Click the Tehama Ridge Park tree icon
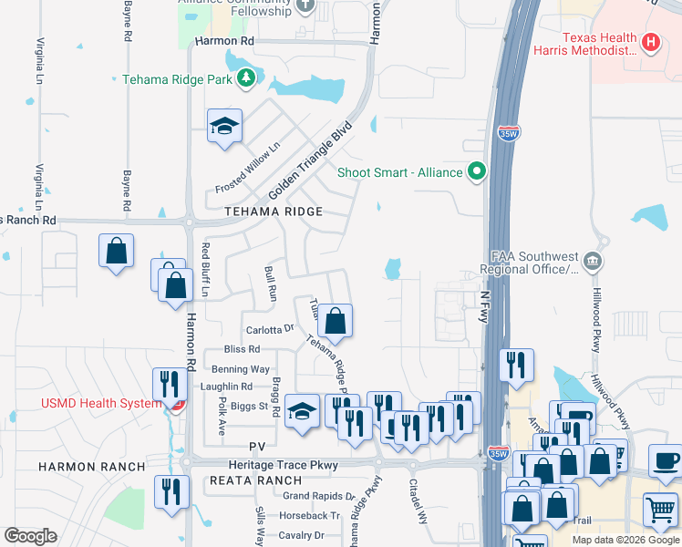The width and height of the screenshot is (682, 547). tap(245, 79)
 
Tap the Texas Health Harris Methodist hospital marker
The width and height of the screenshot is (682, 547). tap(650, 41)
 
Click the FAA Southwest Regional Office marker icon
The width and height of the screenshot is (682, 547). tap(594, 263)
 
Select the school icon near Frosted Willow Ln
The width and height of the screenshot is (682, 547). tap(223, 127)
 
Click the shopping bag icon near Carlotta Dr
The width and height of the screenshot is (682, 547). tap(336, 321)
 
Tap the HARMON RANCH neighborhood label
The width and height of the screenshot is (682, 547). tap(91, 467)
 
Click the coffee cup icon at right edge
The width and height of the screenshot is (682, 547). tap(666, 460)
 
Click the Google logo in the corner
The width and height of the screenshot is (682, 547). tap(30, 535)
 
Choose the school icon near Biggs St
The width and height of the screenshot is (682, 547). tap(301, 410)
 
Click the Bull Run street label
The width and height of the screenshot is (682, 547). tap(270, 284)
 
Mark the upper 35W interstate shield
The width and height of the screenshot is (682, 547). tap(510, 133)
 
